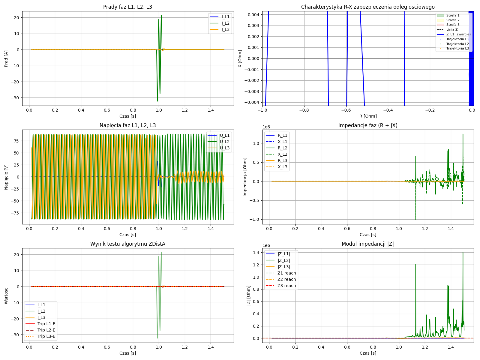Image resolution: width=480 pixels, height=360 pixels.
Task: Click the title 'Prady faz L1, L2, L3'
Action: coord(127,7)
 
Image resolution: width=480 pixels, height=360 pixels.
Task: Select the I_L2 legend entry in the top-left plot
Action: coord(225,23)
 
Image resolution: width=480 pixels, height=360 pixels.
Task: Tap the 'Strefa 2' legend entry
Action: coord(453,20)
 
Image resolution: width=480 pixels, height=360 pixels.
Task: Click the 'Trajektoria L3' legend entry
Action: coord(457,48)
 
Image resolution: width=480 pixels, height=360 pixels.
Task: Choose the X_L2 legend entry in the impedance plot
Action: coord(282,154)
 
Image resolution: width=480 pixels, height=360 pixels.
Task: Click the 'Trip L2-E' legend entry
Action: coord(46,330)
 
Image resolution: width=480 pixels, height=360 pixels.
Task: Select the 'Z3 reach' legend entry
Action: coord(286,286)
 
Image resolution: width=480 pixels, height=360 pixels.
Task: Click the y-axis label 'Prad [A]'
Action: coord(6,58)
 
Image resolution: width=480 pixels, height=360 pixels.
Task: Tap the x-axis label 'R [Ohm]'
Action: coord(368,116)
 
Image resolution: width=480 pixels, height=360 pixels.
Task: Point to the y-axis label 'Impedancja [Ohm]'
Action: coord(245,177)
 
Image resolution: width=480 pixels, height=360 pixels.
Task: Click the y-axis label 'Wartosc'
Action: coord(6,295)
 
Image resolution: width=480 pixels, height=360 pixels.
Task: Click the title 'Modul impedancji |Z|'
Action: coord(368,244)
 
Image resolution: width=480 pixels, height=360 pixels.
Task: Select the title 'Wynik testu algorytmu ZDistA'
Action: coord(127,244)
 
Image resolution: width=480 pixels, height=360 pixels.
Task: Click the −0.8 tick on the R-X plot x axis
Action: coord(304,110)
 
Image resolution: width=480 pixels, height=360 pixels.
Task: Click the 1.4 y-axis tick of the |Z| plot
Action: coord(256,253)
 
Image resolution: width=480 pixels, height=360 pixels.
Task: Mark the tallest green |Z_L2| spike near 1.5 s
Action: coord(463,253)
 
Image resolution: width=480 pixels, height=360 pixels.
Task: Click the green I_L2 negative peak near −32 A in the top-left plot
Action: coord(157,101)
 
